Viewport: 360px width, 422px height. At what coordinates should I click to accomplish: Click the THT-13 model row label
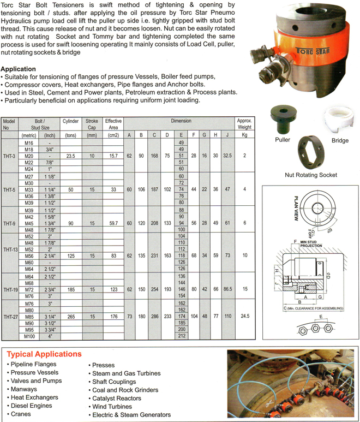(x=11, y=249)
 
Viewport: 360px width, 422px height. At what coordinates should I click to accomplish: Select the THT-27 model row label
(x=11, y=316)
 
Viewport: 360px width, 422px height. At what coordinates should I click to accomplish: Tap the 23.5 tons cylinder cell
(x=70, y=156)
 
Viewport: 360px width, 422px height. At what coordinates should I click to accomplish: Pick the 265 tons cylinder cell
(x=70, y=316)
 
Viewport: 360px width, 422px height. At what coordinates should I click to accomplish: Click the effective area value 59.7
(x=113, y=223)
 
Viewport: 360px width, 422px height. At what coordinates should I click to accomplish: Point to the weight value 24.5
(x=244, y=316)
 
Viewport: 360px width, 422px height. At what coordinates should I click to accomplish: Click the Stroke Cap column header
(x=92, y=124)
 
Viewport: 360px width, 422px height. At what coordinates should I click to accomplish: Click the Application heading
(x=19, y=69)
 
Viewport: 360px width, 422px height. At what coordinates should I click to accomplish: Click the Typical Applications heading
(x=44, y=354)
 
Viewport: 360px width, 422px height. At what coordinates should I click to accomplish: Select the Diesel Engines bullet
(x=29, y=406)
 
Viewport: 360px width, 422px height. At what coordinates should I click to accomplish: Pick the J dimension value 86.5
(x=227, y=289)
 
